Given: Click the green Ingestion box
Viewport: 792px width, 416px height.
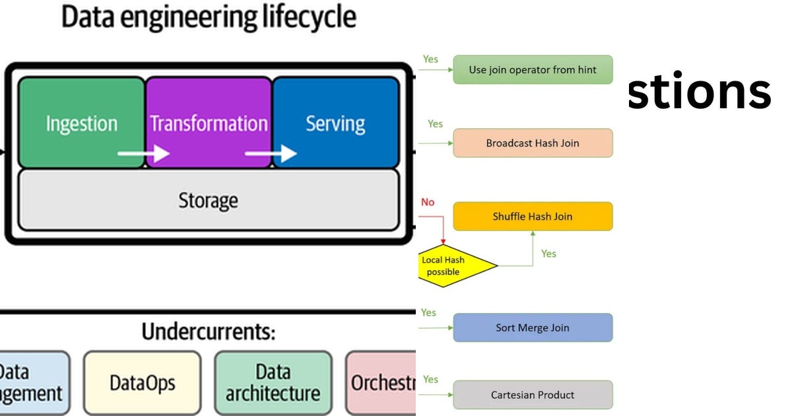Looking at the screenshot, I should tap(81, 123).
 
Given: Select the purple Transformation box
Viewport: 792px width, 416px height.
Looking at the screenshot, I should tap(209, 123).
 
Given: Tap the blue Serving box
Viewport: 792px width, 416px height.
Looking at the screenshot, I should tap(335, 123).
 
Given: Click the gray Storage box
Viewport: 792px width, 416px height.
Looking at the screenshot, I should tap(208, 200).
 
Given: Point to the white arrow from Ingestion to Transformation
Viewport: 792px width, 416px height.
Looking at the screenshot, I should tap(143, 154).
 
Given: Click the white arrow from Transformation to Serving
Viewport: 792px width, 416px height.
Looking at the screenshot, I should tap(271, 154).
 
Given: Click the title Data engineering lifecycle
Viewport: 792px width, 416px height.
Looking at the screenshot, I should tap(209, 17).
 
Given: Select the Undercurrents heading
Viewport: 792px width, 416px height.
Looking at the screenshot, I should tap(208, 332).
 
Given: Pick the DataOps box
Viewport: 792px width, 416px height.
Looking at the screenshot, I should tap(142, 383).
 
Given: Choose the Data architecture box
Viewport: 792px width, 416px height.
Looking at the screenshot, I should tap(273, 383).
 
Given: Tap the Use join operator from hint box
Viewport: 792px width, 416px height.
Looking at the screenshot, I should tap(533, 69).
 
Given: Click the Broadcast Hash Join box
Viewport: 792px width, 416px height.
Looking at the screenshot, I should tap(533, 143).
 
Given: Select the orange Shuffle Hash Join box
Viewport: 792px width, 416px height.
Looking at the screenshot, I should tap(533, 216).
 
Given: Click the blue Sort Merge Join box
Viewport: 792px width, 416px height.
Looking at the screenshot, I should tap(533, 328).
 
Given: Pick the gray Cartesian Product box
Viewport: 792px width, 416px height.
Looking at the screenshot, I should tap(533, 395).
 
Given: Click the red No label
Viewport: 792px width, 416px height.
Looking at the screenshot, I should tap(428, 202).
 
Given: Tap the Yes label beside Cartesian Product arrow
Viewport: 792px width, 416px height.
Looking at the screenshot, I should tap(430, 379).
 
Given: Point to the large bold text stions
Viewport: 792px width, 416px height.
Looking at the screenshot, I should tap(698, 92).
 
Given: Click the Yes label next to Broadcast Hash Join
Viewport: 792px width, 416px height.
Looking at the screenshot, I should tap(435, 123).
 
